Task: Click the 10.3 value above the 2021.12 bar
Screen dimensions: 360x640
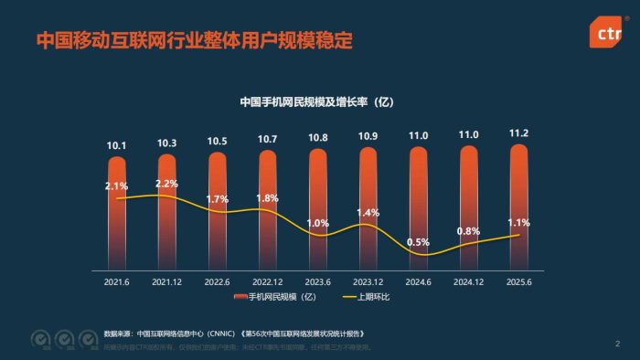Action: (x=166, y=143)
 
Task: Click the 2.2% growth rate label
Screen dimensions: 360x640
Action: (x=166, y=184)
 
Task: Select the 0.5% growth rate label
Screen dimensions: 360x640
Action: (x=418, y=242)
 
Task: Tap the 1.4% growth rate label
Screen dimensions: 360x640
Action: (x=368, y=213)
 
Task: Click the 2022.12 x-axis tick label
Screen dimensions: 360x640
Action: (x=267, y=283)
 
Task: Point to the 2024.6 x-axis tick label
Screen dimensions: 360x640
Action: (x=418, y=283)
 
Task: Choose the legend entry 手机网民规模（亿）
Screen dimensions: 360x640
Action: (x=278, y=298)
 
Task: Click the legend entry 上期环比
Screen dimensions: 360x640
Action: (x=370, y=298)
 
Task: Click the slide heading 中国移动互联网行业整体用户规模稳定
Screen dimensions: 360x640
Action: (x=194, y=41)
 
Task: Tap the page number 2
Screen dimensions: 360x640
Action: (x=617, y=344)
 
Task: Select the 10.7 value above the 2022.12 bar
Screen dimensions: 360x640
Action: (x=267, y=140)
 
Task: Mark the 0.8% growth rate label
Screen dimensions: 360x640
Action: (x=468, y=231)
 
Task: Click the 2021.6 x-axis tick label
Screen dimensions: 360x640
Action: (x=117, y=283)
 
